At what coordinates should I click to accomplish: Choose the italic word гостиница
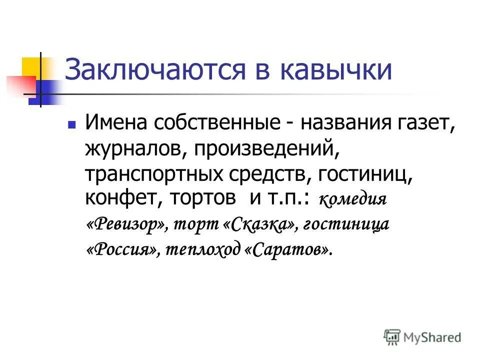coord(346,224)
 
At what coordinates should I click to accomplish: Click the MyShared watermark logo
coord(422,337)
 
